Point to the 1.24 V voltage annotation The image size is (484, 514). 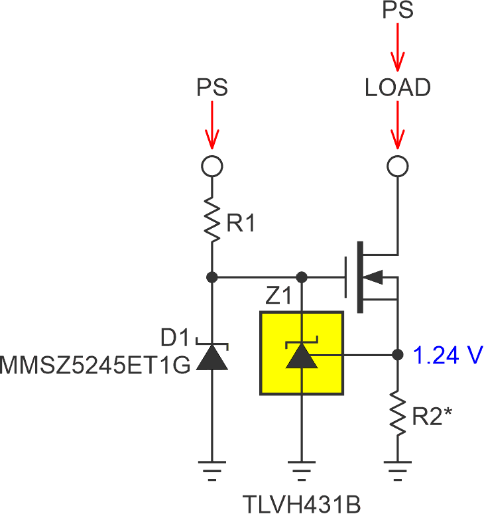click(x=448, y=355)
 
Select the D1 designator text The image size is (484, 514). click(x=174, y=338)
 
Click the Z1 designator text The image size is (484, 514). click(x=280, y=298)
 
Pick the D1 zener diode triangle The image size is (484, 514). click(x=212, y=358)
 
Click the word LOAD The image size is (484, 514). click(x=398, y=88)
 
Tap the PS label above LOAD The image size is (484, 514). click(x=398, y=11)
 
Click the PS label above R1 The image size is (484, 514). click(x=212, y=88)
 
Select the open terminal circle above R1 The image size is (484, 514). click(x=212, y=166)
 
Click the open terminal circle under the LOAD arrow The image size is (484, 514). click(x=398, y=166)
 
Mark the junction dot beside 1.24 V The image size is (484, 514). click(x=398, y=355)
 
